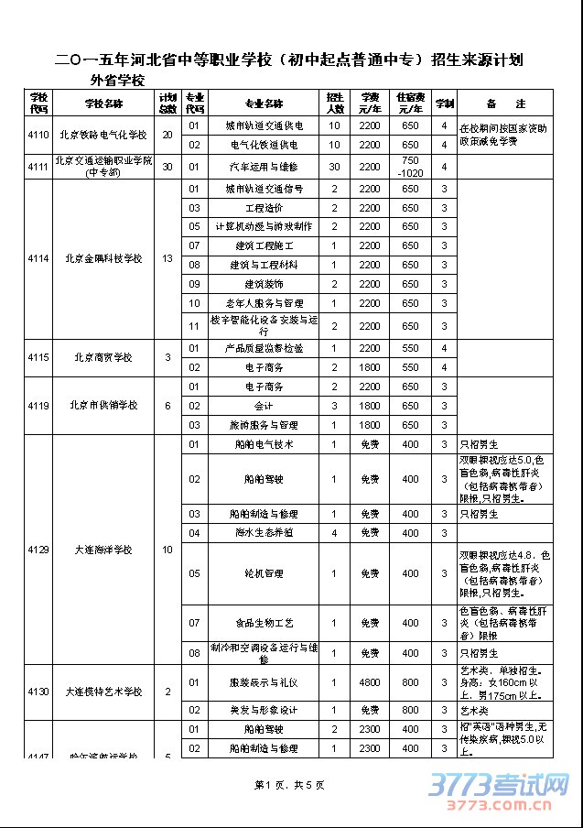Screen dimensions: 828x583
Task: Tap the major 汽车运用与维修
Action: [x=265, y=167]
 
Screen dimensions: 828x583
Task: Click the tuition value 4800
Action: [x=369, y=682]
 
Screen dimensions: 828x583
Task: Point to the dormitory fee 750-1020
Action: [x=410, y=167]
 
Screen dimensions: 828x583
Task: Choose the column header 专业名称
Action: [x=265, y=103]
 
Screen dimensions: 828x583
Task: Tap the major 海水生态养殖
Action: [x=265, y=532]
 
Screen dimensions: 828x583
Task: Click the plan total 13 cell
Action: [x=167, y=258]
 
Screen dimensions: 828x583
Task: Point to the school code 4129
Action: [x=38, y=550]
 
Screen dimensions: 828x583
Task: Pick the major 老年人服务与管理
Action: [x=265, y=303]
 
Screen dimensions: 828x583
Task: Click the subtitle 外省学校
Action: [x=117, y=80]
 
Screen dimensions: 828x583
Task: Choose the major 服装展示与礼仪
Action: [x=265, y=682]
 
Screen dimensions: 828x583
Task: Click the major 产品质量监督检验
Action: [x=265, y=348]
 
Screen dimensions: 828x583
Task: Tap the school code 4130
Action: [x=38, y=692]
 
